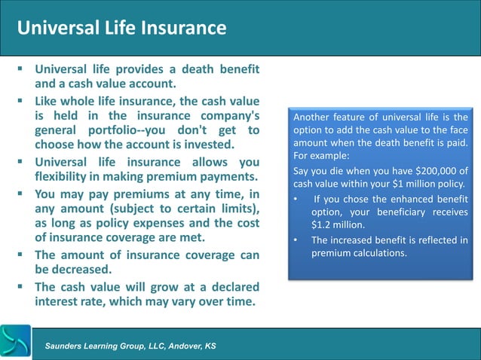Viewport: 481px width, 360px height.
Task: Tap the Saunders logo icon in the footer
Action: [15, 342]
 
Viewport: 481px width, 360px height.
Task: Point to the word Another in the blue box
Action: [314, 117]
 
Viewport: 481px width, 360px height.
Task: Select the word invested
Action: [207, 145]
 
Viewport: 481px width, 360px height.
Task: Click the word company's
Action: [225, 115]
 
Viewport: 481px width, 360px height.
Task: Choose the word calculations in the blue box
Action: [375, 253]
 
